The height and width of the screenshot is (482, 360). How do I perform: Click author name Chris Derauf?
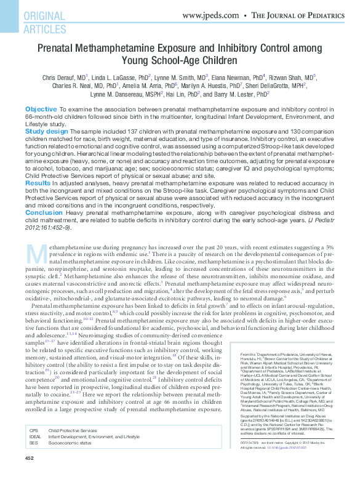point(60,78)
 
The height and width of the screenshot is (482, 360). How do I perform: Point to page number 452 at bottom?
point(29,475)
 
